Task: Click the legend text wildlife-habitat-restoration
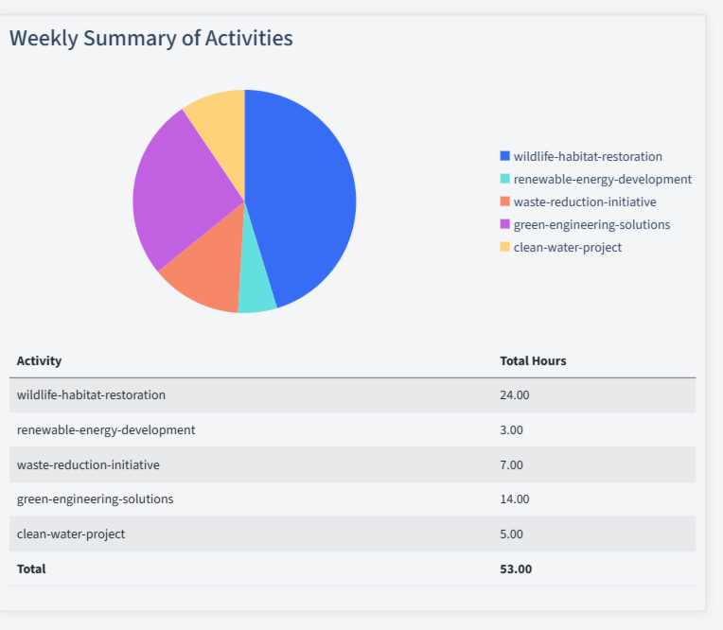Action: point(588,156)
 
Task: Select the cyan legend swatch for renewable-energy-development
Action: point(504,179)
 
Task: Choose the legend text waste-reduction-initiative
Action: point(584,201)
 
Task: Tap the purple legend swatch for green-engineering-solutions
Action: point(504,224)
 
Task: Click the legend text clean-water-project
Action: point(567,247)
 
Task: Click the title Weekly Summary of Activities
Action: point(151,38)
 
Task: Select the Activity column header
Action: point(39,360)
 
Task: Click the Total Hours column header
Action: point(533,360)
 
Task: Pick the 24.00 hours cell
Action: point(514,394)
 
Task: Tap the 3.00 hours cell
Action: point(511,429)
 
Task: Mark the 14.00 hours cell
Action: point(514,499)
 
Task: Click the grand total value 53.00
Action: point(516,569)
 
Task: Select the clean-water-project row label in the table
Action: point(71,534)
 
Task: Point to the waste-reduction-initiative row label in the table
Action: point(88,464)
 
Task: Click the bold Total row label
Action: point(31,569)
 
